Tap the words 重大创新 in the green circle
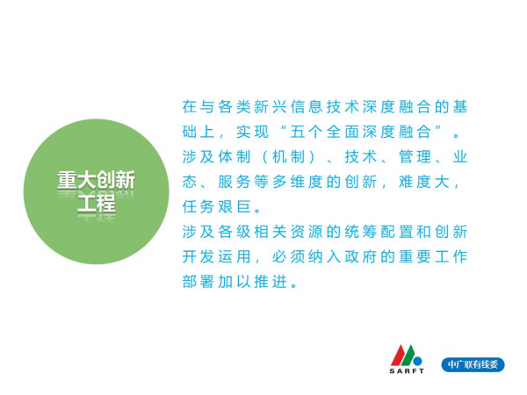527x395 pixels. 96,180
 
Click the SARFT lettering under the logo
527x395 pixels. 407,370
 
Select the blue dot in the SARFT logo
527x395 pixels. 417,361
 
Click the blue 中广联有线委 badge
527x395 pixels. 473,364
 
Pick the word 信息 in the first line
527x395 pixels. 306,107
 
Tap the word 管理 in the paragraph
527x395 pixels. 415,156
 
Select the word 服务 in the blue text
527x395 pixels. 234,182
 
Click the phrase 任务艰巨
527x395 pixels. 216,206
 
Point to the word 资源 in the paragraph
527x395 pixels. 306,232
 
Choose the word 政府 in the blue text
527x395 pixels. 360,256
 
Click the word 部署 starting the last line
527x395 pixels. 198,282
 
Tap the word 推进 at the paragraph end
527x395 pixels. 270,282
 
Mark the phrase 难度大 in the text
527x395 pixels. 424,182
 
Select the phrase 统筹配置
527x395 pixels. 379,232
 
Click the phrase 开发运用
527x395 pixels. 216,256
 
